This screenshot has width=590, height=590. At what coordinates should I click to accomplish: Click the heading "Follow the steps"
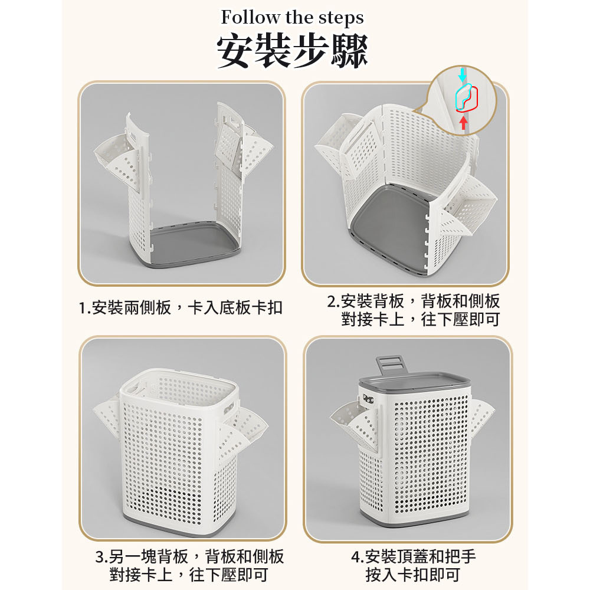point(292,18)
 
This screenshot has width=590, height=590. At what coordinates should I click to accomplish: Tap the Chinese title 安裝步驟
point(293,51)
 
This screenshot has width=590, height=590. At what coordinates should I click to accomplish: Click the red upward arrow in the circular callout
point(464,123)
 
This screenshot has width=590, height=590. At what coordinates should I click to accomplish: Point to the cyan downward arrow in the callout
point(463,76)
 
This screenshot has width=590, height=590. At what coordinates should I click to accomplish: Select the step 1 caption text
point(181,308)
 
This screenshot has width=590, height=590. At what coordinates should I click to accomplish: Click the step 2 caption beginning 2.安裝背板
point(414,310)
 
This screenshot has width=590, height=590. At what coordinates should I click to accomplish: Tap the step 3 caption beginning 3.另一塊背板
point(189,566)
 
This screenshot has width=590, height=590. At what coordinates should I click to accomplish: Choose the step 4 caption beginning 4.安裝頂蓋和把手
point(413,566)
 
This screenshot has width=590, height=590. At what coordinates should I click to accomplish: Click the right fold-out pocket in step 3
point(241,432)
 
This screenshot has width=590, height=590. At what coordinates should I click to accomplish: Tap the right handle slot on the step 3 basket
point(229,409)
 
